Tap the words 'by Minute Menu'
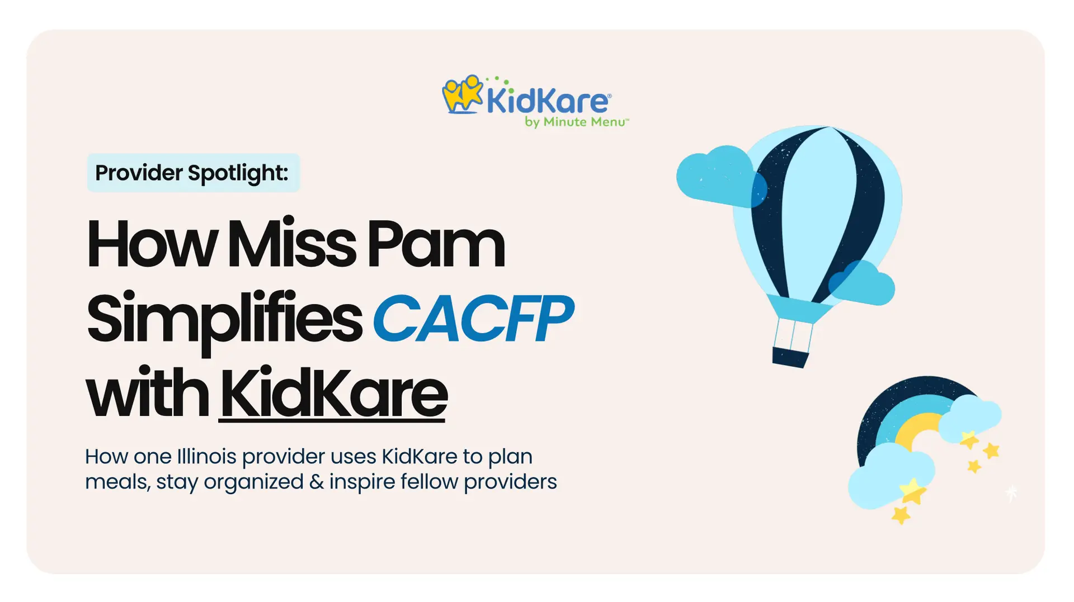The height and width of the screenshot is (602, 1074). tap(576, 122)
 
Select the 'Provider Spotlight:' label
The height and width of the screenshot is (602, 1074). tap(192, 173)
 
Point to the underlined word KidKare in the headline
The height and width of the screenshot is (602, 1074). tap(333, 394)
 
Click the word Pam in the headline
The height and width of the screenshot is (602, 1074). tap(435, 244)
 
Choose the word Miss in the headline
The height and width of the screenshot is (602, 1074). tap(291, 244)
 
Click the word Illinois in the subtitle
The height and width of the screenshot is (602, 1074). tap(206, 456)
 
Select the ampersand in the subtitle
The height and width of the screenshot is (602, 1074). tap(316, 482)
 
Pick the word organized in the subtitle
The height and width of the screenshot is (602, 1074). tap(253, 482)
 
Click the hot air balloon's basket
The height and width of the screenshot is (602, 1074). tap(790, 357)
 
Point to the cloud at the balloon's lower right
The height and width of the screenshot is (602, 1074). tap(861, 283)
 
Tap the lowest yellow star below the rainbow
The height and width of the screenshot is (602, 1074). tap(901, 514)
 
